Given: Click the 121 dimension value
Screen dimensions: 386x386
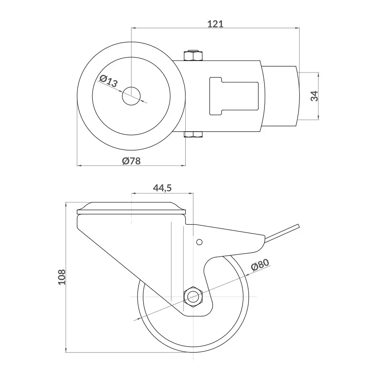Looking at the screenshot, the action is coord(215,24).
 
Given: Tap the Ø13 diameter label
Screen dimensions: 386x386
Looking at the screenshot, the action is coord(108,81).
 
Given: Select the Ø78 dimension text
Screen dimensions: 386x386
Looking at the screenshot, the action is coord(131,161).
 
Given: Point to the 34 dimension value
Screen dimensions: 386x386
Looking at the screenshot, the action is coord(314,96).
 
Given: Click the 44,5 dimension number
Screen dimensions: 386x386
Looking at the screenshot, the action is coord(162,188).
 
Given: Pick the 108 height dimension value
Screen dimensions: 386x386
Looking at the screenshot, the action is coord(62,277).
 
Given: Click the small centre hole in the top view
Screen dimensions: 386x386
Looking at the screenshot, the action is coord(131,96).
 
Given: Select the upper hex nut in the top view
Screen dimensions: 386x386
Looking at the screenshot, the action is coord(193,56).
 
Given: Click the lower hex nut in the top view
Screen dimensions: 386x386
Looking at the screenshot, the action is coord(193,134).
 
